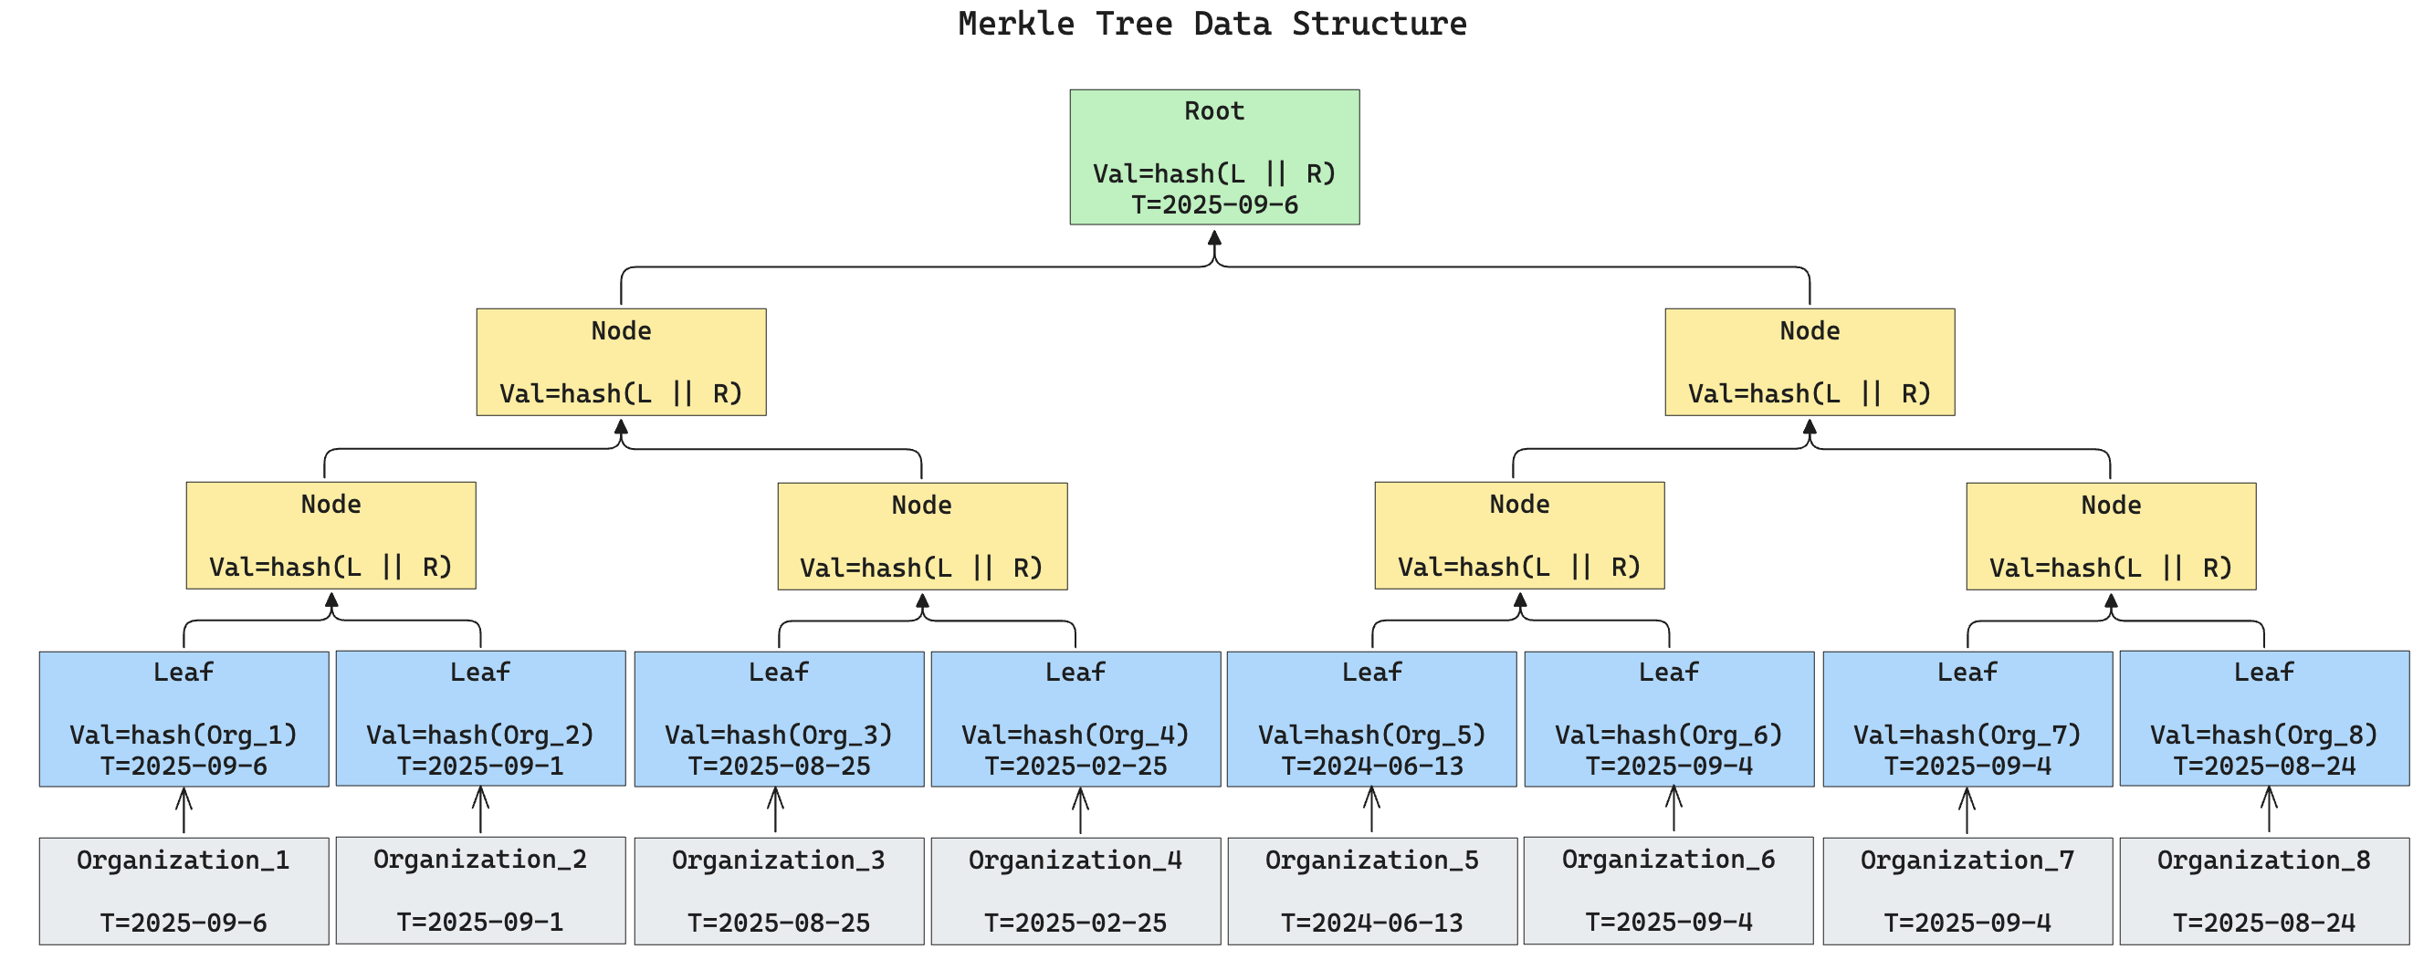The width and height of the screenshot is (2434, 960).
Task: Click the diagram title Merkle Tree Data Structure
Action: point(1212,24)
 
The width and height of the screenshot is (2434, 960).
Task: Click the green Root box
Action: point(1214,157)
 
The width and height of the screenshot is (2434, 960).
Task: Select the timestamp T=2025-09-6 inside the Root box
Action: point(1214,205)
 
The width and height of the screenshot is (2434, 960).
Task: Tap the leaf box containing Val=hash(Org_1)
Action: point(184,718)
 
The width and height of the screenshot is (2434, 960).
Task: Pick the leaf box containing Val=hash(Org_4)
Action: point(1075,718)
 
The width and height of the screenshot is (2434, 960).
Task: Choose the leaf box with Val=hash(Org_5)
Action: point(1372,718)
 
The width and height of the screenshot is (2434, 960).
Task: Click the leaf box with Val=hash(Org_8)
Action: point(2264,718)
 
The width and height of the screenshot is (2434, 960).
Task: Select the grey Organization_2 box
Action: point(480,889)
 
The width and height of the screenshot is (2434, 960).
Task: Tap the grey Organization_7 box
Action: point(1967,890)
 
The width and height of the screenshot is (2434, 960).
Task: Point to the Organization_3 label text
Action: point(778,860)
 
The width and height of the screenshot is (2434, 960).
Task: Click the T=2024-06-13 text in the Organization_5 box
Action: point(1372,923)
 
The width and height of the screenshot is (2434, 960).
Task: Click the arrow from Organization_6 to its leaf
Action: point(1673,809)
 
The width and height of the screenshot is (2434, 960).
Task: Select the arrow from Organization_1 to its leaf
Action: point(184,810)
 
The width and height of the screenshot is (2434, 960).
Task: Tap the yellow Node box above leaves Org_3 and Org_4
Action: point(922,536)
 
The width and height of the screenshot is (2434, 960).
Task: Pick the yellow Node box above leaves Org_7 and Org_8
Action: point(2111,536)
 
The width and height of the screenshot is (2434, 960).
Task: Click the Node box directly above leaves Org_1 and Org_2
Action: point(330,535)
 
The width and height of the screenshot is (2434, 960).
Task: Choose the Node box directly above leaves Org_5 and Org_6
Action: point(1519,535)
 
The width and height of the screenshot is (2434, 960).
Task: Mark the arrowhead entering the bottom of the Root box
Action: point(1214,237)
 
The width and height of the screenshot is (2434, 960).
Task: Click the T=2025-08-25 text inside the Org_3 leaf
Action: point(779,767)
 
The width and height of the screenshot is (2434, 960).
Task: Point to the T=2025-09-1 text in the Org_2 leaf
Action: point(480,767)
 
